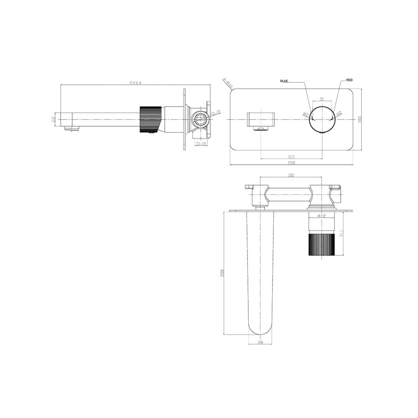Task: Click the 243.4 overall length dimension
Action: [135, 83]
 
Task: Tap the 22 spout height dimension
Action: [54, 119]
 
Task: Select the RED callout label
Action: [349, 80]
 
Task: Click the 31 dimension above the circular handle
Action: [322, 99]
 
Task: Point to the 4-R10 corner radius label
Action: [228, 83]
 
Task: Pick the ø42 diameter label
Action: [321, 215]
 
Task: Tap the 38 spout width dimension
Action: [260, 342]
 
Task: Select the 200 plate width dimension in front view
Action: [291, 162]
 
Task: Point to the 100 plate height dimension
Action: [359, 119]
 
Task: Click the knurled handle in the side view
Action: [149, 119]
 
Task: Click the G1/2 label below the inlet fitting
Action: [201, 143]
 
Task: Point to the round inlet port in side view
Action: [199, 119]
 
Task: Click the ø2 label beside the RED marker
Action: [339, 113]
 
